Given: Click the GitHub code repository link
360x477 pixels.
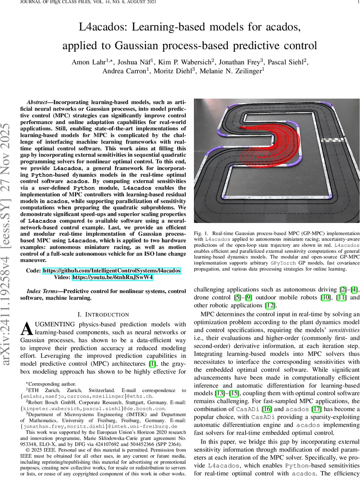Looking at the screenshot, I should click(112, 271).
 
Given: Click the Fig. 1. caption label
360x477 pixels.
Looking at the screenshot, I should click(201, 233).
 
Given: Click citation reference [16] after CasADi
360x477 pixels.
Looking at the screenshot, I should click(267, 409).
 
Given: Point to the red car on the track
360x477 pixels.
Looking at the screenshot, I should click(241, 127).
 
